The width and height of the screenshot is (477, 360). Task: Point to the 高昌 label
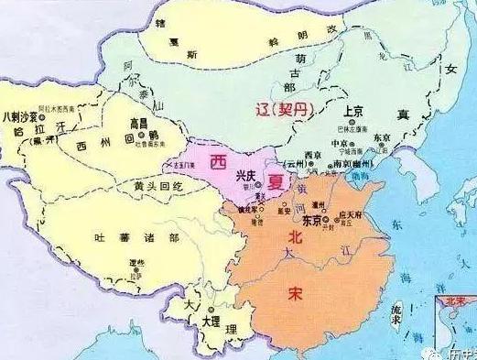pos(140,122)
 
